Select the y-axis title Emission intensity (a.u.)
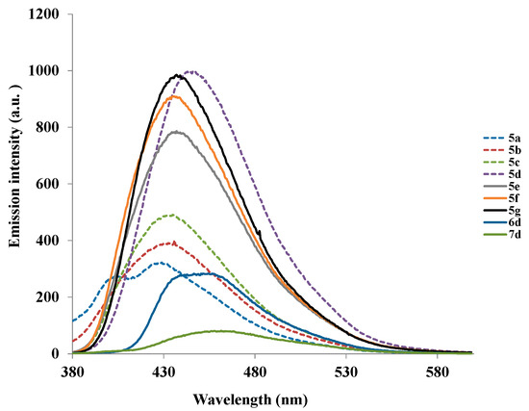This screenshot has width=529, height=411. coord(16,184)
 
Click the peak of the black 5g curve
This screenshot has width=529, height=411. coord(178,75)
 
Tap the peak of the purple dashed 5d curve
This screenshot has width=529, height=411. coord(191,71)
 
